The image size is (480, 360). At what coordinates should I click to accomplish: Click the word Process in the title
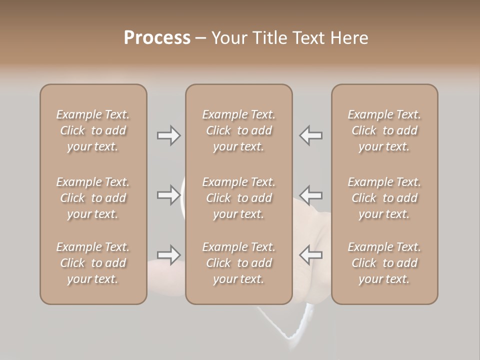[x=157, y=37]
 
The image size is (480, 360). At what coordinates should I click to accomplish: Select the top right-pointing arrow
[x=169, y=135]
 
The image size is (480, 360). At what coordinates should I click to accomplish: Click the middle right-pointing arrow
[x=169, y=195]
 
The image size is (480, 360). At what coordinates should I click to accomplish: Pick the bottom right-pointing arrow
[x=169, y=255]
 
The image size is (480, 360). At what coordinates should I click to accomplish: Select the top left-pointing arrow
[x=310, y=135]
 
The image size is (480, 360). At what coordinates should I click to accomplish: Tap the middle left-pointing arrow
[x=310, y=195]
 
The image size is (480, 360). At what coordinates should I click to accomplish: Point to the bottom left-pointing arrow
[x=310, y=255]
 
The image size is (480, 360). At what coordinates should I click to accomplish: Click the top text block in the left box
[x=93, y=130]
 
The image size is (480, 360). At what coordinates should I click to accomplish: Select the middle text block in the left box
[x=93, y=198]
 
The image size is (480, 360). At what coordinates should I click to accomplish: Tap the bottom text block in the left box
[x=93, y=263]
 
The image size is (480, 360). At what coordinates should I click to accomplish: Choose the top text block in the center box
[x=238, y=130]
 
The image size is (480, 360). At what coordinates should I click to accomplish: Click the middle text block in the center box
[x=238, y=198]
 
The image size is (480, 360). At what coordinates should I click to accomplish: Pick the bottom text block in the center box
[x=238, y=263]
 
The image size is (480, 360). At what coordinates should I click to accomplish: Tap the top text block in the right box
[x=384, y=130]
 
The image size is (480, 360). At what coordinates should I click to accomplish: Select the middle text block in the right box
[x=384, y=198]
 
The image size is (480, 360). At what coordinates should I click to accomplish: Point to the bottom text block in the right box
[x=384, y=263]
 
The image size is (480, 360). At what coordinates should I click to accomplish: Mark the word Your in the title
[x=228, y=37]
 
